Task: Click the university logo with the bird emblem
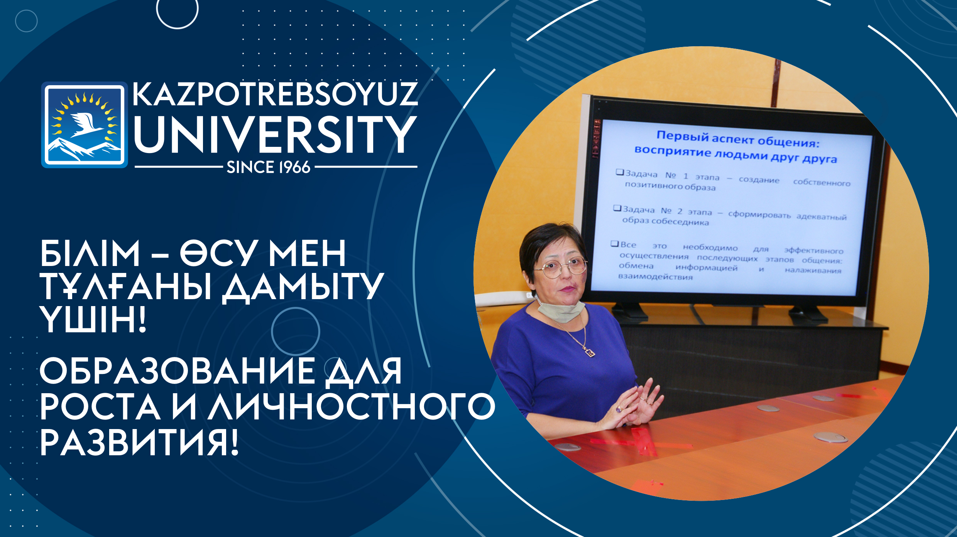click(85, 125)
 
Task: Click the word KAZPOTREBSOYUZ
click(275, 94)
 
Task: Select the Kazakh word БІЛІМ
click(90, 253)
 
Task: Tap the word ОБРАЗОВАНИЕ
click(177, 371)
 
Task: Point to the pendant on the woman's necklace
click(590, 352)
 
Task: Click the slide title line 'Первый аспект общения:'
click(738, 139)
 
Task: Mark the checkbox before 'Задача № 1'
click(620, 172)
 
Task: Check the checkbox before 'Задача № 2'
click(617, 208)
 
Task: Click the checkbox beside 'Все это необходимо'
click(615, 244)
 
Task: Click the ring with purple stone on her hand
click(619, 409)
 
